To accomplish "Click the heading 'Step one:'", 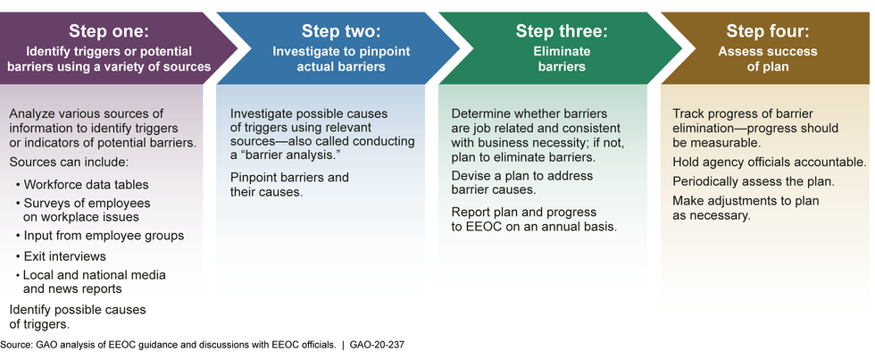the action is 109,31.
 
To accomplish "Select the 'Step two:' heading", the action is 340,31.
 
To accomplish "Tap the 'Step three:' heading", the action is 561,31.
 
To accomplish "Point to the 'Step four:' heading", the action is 767,31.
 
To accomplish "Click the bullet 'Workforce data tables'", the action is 82,184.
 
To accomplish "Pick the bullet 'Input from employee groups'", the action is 100,236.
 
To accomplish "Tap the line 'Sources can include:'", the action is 69,163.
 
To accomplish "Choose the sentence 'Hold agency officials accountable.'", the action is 770,163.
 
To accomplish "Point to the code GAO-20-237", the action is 377,345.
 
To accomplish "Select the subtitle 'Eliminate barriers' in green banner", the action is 561,59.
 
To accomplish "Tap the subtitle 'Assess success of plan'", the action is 767,59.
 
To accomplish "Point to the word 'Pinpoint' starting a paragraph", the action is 252,178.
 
